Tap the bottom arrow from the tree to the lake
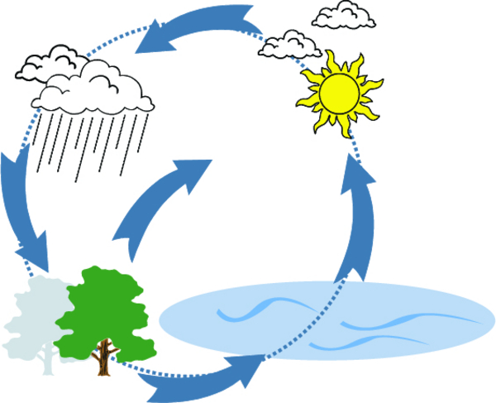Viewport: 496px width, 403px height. click(198, 377)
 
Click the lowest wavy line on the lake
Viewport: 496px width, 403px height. click(372, 339)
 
